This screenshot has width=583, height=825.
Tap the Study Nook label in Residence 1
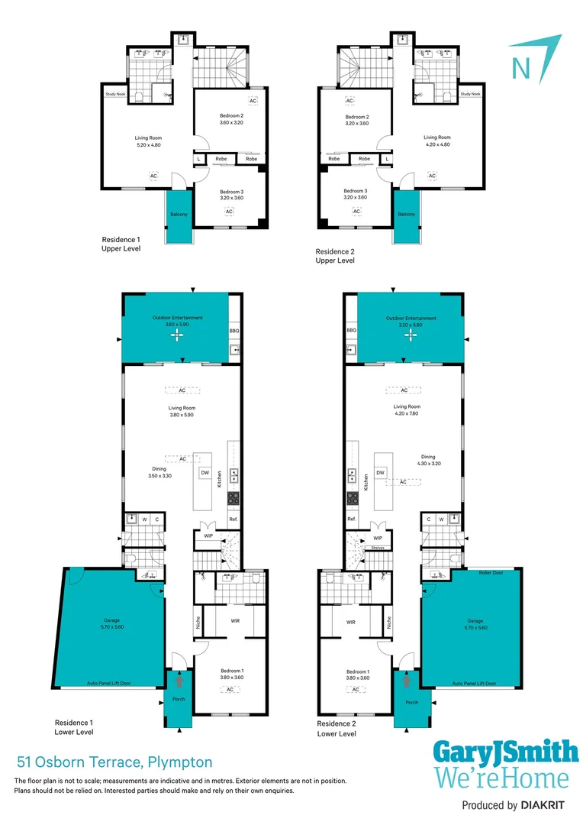click(115, 95)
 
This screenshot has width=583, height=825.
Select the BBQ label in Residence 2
click(351, 331)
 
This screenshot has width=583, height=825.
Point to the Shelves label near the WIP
click(377, 548)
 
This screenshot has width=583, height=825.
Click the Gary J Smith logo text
click(505, 753)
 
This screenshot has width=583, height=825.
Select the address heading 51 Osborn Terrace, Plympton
click(114, 762)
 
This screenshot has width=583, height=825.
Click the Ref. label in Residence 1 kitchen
click(234, 519)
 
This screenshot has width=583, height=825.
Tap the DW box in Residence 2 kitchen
click(380, 473)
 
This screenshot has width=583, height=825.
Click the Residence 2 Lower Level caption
click(337, 729)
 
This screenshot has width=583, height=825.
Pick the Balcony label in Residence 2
click(406, 214)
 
